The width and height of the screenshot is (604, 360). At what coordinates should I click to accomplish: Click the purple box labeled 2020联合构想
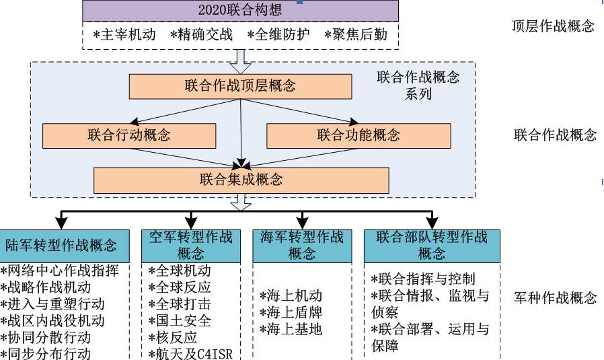tap(240, 10)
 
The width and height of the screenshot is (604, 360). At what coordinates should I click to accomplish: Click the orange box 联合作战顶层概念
tap(240, 85)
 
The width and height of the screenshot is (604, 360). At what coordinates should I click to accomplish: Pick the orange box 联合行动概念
tap(129, 135)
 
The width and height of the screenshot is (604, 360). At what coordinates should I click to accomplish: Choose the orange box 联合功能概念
tap(358, 135)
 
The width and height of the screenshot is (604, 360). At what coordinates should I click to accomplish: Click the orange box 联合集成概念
tap(241, 180)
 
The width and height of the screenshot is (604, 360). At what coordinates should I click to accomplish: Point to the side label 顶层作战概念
tap(553, 27)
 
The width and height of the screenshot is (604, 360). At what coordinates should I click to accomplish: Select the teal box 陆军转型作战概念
tap(61, 245)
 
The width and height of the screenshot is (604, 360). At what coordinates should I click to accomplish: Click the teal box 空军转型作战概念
tap(191, 245)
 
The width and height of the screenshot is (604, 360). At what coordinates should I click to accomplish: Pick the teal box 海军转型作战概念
tap(302, 245)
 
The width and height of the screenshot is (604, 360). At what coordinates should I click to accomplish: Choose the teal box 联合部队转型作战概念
tap(432, 245)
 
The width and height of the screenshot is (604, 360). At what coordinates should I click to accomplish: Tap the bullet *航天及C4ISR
tap(190, 353)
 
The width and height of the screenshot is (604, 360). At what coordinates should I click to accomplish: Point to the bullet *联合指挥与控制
tap(423, 279)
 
